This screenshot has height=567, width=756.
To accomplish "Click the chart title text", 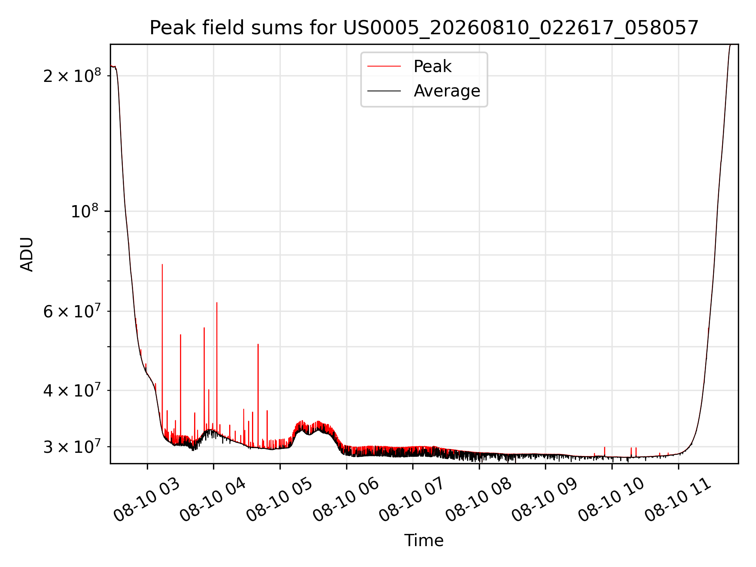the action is (424, 28).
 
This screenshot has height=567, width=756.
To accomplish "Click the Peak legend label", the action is (432, 67).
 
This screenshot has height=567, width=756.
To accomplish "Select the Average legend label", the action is (447, 91).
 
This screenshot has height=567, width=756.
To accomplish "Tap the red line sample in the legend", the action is (384, 67).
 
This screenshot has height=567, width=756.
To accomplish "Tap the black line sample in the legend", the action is (384, 91).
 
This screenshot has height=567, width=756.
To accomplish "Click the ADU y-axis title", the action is (27, 254).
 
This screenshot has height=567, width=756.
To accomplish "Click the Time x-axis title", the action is (424, 541).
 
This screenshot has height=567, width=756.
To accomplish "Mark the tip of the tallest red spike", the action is (162, 265).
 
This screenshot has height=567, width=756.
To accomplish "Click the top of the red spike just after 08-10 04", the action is (217, 302).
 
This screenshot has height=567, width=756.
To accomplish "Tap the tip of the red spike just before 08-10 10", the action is (605, 447).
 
